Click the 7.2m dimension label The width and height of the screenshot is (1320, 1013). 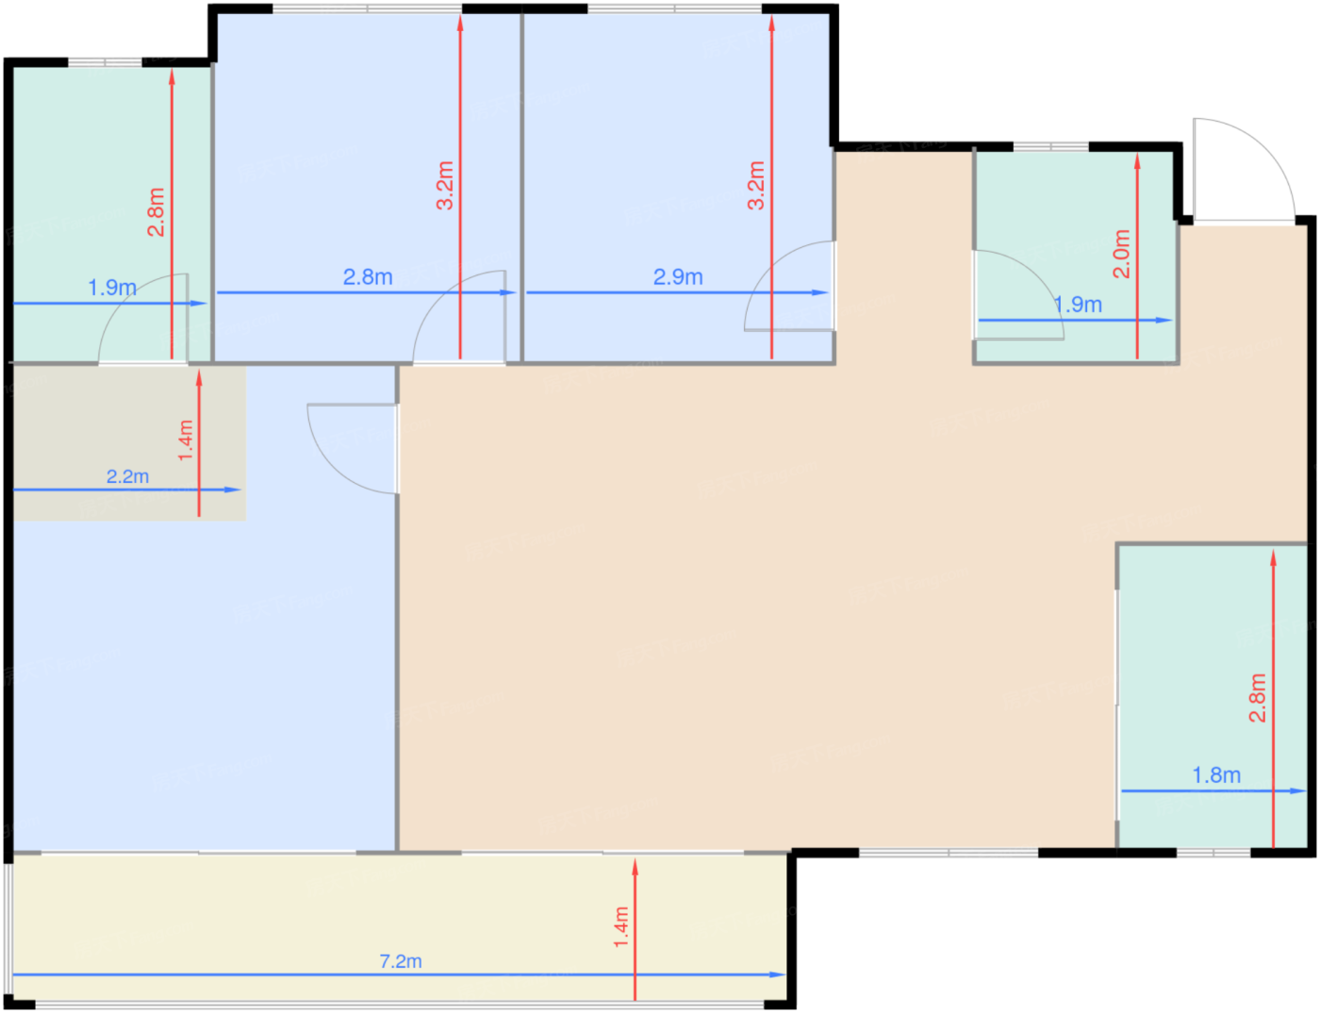coord(401,961)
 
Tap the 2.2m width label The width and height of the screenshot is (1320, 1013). coord(127,476)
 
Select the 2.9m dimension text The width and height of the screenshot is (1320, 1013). coord(678,277)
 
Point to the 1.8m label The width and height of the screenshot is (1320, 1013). coord(1216,775)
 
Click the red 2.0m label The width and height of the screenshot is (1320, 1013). coord(1121,254)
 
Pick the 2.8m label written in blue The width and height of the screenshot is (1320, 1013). coord(368,277)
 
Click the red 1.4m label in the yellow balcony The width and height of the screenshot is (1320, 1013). coord(620,927)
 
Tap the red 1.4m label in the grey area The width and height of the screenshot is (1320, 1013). coord(186,440)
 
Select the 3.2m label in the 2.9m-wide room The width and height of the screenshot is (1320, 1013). coord(755,186)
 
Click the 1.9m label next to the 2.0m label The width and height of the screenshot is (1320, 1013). coord(1078,305)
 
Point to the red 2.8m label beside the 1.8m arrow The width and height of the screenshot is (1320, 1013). coord(1258,698)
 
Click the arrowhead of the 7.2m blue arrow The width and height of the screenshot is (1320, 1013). coord(778,974)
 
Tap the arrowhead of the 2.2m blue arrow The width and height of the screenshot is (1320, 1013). coord(234,490)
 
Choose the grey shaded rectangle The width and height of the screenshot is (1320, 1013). coord(129,443)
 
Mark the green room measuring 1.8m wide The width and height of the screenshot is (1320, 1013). coord(1213,696)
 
